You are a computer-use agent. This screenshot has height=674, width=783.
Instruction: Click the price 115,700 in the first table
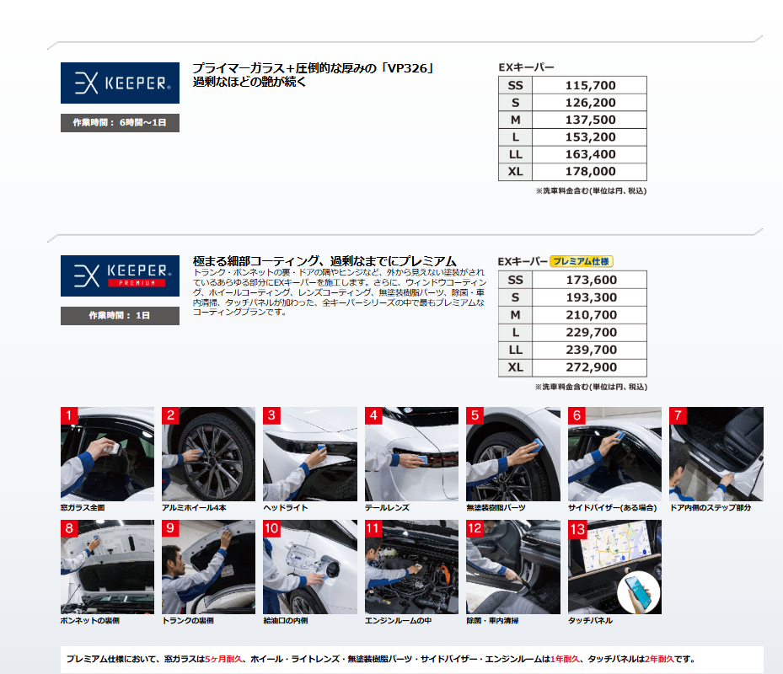590,85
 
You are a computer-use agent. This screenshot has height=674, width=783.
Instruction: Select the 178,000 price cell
590,172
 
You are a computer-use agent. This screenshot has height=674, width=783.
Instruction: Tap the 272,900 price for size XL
591,367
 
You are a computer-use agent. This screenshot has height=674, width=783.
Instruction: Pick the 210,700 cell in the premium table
590,315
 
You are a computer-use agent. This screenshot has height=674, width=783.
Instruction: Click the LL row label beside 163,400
515,155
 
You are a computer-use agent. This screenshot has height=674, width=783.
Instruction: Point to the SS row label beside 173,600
515,280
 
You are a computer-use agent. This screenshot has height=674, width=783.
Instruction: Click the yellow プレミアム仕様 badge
582,261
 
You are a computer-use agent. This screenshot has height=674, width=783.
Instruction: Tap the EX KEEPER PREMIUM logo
120,276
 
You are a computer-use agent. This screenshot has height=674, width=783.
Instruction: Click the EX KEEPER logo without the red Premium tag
120,83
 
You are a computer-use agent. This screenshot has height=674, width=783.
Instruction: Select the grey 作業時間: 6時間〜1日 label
120,123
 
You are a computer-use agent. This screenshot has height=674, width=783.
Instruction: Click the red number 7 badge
678,415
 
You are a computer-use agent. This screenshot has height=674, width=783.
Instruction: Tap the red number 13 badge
577,529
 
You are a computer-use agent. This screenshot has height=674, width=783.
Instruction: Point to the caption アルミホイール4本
194,508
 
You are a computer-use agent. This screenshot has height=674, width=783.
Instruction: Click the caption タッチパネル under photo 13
590,621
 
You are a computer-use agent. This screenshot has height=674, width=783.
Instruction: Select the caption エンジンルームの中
398,621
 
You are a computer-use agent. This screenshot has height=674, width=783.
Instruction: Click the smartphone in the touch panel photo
639,591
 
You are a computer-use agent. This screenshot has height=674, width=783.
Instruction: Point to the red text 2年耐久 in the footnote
659,659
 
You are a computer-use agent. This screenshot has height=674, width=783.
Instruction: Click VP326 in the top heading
407,68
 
